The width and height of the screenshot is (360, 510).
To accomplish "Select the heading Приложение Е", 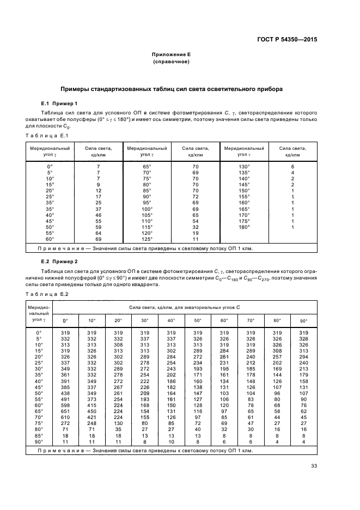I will coord(170,54).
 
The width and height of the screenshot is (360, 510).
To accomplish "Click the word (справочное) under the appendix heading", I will coord(170,62).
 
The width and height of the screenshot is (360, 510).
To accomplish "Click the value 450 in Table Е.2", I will coord(91,410).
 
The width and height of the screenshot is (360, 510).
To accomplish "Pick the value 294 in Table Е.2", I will coord(303,356).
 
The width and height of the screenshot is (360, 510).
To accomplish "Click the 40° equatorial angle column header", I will coord(172,320).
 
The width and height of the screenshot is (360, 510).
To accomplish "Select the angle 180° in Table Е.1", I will coord(243,226).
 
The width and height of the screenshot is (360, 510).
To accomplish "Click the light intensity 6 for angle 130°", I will coord(292,166).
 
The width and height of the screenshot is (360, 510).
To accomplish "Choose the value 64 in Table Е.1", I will coord(99,232).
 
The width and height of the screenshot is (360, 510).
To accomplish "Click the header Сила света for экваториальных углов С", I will coord(184,308).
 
